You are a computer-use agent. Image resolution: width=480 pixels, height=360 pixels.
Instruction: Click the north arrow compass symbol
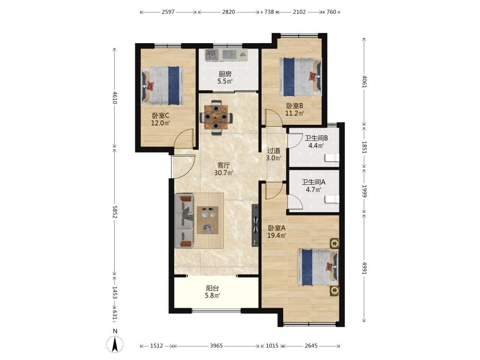[x=115, y=344]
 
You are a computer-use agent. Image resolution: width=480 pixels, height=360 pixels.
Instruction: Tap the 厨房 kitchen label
[x=225, y=74]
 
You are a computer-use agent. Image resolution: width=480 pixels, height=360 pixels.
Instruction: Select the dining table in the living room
[x=216, y=117]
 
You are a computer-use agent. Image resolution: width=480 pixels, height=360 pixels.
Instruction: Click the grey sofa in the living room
[x=185, y=220]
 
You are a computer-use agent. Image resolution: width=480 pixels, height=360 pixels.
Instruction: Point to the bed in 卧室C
[x=162, y=86]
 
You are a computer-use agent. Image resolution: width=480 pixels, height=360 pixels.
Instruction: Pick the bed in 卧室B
[x=300, y=77]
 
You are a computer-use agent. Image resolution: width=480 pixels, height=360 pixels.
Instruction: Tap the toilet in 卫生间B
[x=332, y=158]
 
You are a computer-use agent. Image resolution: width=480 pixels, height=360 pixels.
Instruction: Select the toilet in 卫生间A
[x=332, y=200]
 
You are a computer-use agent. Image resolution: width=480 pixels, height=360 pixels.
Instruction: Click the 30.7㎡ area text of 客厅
[x=224, y=173]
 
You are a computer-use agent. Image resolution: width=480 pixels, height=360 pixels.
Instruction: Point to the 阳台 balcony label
[x=213, y=288]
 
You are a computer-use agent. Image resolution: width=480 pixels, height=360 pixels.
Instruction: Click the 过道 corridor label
[x=274, y=151]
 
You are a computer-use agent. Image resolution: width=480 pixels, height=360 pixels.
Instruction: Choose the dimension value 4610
[x=115, y=97]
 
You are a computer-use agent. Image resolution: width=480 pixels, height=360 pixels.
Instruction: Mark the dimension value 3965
[x=216, y=346]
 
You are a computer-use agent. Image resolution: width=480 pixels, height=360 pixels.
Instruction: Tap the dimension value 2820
[x=228, y=12]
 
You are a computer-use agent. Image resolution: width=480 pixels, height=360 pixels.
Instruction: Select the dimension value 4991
[x=364, y=268]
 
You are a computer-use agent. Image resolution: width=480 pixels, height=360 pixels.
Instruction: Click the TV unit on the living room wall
[x=255, y=225]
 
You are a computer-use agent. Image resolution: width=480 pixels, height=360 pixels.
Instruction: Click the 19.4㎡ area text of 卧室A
[x=277, y=235]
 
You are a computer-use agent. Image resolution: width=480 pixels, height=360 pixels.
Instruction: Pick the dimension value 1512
[x=156, y=346]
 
